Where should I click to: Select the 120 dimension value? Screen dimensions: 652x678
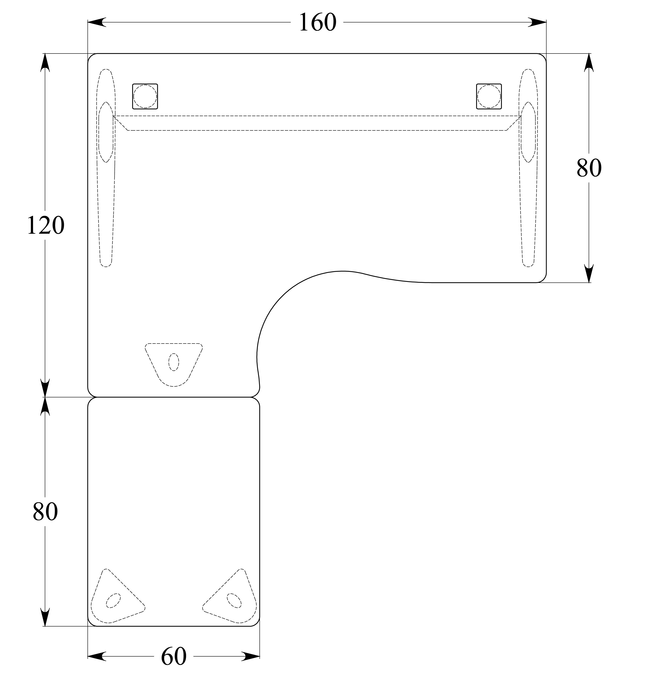(45, 226)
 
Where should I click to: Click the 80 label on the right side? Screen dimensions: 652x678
(589, 168)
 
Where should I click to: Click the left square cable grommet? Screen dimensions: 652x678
(145, 96)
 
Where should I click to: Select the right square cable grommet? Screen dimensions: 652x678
(489, 96)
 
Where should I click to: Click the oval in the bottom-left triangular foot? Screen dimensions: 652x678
(113, 601)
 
